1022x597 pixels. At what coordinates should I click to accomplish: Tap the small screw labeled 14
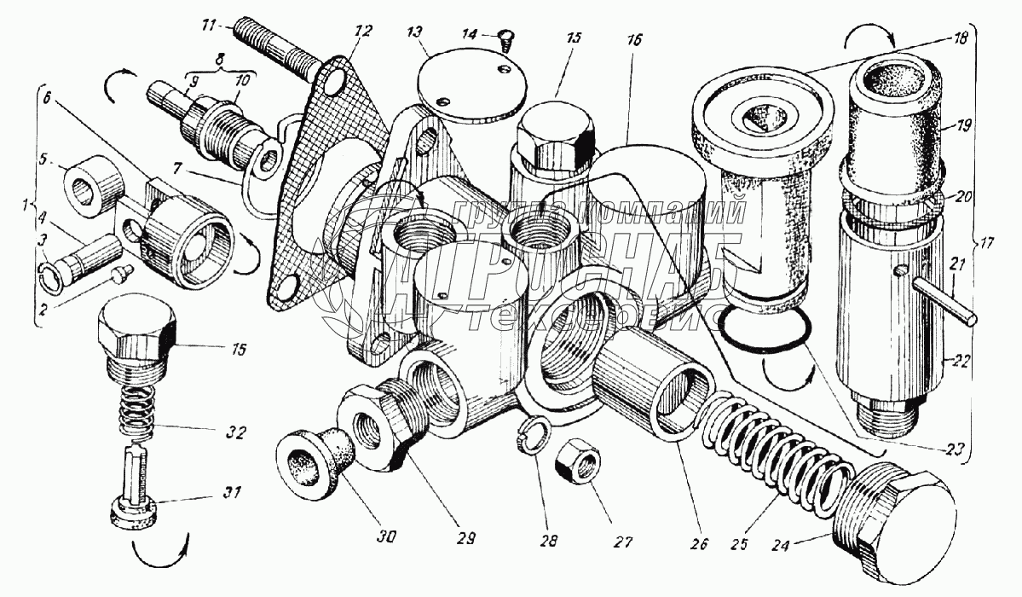pyautogui.click(x=504, y=38)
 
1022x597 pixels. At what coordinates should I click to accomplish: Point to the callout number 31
pyautogui.click(x=232, y=492)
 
